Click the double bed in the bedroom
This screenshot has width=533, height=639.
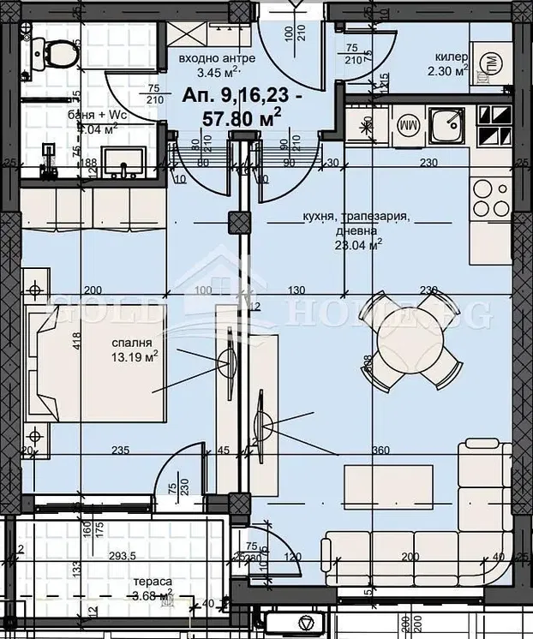pos(99,367)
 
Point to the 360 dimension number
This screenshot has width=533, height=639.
pos(381,451)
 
